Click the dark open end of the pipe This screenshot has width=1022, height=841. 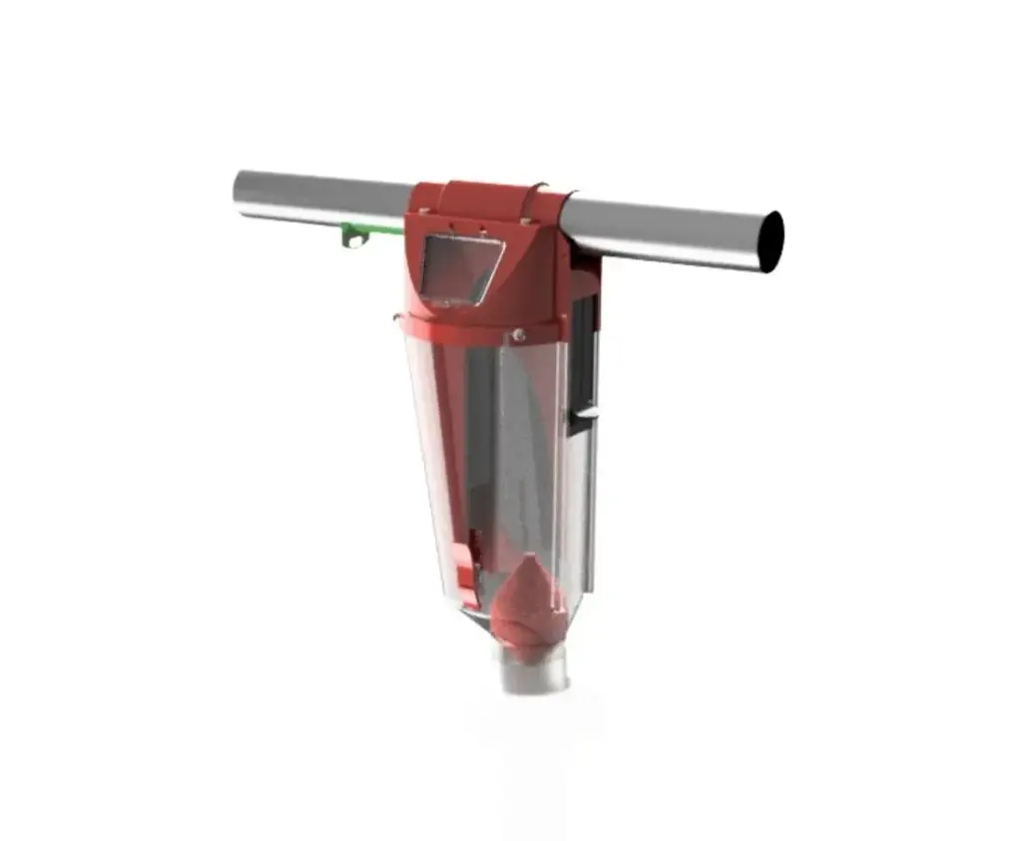point(770,241)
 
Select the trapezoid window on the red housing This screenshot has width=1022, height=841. point(459,267)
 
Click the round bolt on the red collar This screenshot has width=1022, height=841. point(518,336)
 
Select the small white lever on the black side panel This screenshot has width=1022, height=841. point(587,412)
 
